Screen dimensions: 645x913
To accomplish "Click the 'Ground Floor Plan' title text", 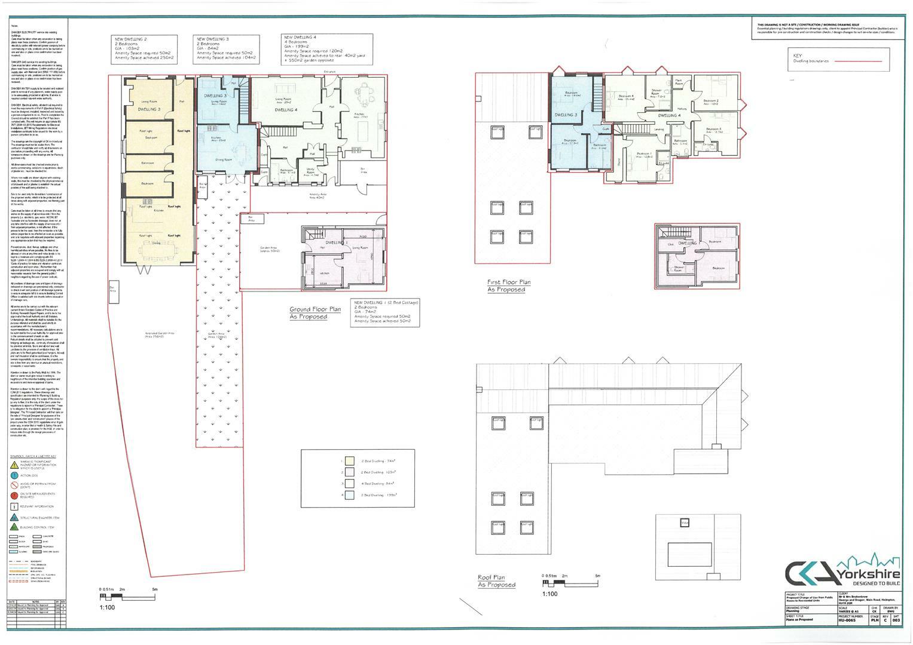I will (314, 309).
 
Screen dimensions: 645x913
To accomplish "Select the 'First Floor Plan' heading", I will (508, 282).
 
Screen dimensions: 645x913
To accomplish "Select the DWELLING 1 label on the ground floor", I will (338, 242).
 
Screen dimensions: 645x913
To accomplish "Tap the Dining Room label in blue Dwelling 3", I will (224, 159).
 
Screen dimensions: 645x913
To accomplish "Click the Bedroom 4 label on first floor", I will (625, 96).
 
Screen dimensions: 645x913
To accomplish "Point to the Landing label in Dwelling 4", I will (659, 130).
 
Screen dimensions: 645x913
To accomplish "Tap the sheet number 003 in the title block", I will (895, 621).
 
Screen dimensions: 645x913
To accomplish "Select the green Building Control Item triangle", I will (14, 526).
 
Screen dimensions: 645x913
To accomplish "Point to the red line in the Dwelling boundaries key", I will (858, 61).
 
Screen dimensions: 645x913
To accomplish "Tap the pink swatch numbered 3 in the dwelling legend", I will (350, 483).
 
